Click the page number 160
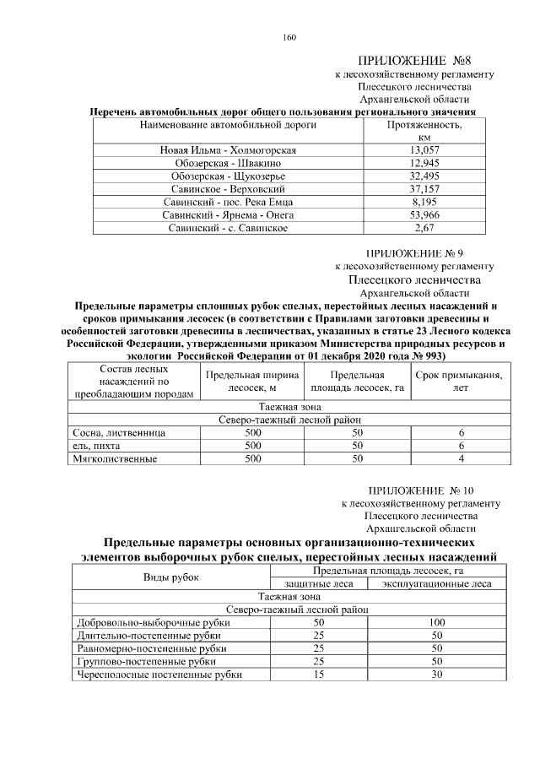(x=290, y=37)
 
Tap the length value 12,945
(x=423, y=163)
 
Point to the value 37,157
(x=423, y=189)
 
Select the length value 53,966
(x=423, y=215)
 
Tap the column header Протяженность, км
(x=423, y=131)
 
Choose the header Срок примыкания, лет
(x=461, y=382)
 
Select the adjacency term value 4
(x=461, y=459)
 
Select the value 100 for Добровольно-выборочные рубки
(x=436, y=622)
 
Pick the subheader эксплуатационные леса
(x=436, y=583)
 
